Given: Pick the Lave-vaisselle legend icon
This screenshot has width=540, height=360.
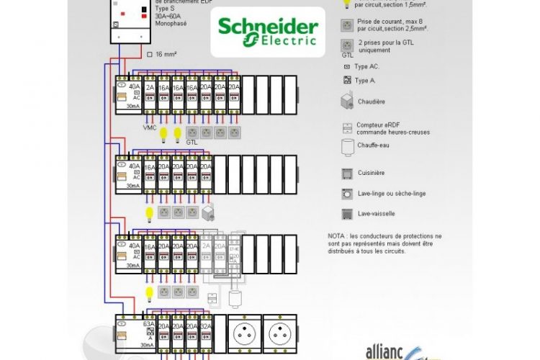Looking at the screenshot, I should [x=346, y=213].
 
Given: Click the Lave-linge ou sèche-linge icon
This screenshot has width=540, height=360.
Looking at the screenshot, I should [x=346, y=194].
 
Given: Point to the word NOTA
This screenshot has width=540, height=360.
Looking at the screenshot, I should [x=337, y=235].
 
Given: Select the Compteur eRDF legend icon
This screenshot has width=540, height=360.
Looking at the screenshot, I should [x=346, y=127].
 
